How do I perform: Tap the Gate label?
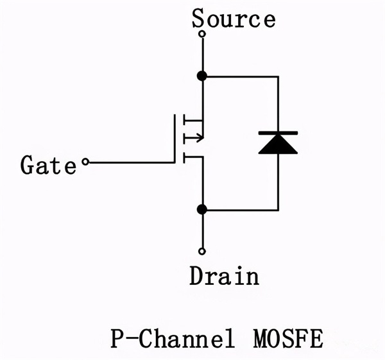click(48, 165)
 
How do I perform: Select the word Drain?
click(225, 276)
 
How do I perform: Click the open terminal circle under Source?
click(202, 34)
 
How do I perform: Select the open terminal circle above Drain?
click(202, 251)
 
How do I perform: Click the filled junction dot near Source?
click(202, 76)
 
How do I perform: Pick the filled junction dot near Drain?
click(202, 209)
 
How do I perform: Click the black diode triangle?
click(278, 144)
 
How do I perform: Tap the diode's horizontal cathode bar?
click(278, 132)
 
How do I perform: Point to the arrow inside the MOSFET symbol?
click(196, 137)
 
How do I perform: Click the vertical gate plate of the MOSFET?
click(175, 138)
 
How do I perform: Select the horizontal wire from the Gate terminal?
click(132, 163)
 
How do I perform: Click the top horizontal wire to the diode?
click(241, 76)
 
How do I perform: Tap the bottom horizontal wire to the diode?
click(241, 209)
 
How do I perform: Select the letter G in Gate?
click(27, 165)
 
